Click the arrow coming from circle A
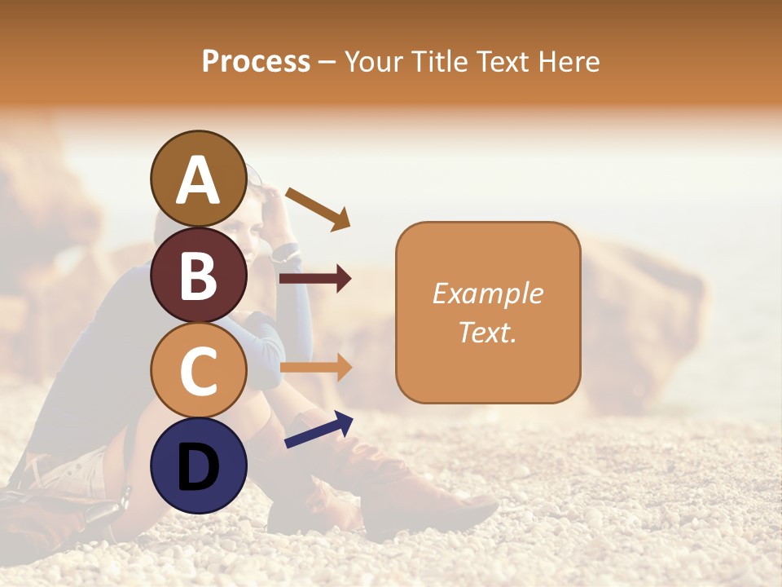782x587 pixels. (x=318, y=208)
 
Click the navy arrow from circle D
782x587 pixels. (x=319, y=429)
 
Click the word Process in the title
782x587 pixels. (x=256, y=62)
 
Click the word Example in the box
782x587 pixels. (x=487, y=293)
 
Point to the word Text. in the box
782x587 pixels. (x=487, y=332)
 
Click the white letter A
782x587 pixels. (x=198, y=181)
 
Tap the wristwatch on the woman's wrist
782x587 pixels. (x=285, y=251)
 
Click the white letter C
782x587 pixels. (x=198, y=371)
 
